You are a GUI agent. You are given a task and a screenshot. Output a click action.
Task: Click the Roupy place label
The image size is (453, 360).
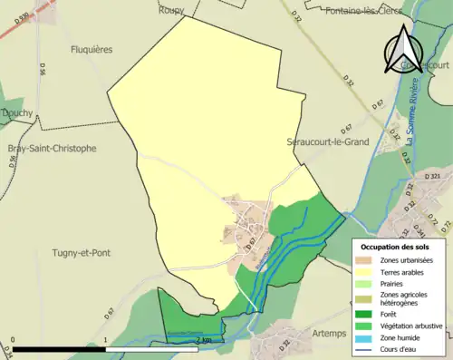point(170,10)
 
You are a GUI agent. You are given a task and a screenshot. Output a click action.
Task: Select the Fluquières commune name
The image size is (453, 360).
point(92,50)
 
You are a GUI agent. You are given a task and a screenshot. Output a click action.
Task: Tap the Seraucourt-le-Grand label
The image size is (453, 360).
point(329,142)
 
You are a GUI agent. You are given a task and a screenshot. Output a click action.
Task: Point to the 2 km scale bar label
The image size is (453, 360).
point(200,340)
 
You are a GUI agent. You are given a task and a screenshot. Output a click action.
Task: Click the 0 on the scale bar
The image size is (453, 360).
point(14,340)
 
